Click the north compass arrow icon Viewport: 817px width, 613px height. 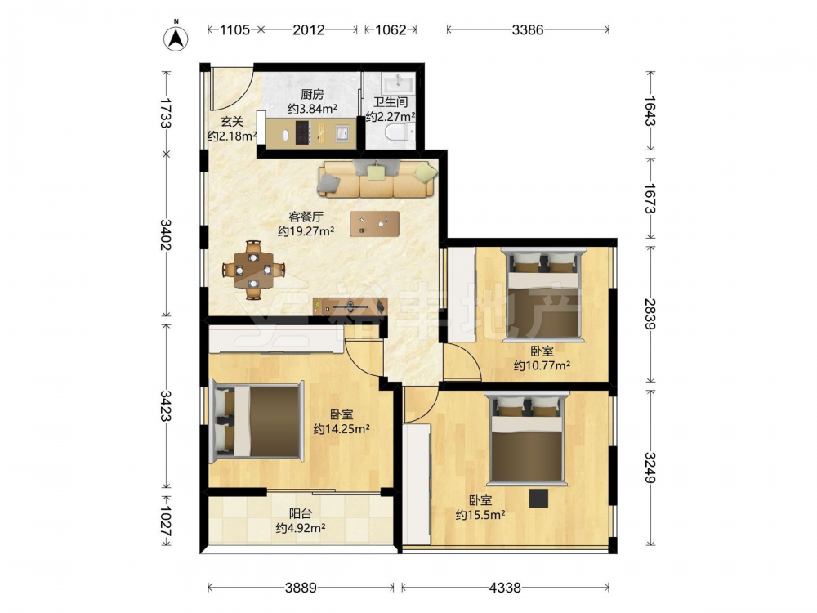pyautogui.click(x=176, y=38)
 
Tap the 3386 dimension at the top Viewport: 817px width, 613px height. pyautogui.click(x=527, y=29)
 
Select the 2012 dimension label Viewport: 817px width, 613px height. pyautogui.click(x=308, y=29)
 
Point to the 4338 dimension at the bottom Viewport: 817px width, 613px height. pyautogui.click(x=504, y=588)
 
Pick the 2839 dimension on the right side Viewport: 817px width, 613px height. pyautogui.click(x=650, y=314)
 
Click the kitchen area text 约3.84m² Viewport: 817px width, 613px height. pyautogui.click(x=312, y=109)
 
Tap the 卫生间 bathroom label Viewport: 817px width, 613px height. pyautogui.click(x=391, y=102)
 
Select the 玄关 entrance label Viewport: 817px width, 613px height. pyautogui.click(x=232, y=122)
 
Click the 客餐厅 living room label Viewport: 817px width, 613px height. pyautogui.click(x=306, y=217)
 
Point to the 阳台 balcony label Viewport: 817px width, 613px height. pyautogui.click(x=301, y=513)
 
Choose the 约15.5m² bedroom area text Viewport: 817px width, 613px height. pyautogui.click(x=480, y=515)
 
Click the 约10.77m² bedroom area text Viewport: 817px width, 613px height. pyautogui.click(x=542, y=365)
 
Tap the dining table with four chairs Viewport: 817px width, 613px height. pyautogui.click(x=254, y=270)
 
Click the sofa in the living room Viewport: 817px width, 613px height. pyautogui.click(x=377, y=179)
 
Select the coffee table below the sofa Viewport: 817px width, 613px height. pyautogui.click(x=375, y=224)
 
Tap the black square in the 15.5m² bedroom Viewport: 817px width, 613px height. pyautogui.click(x=538, y=499)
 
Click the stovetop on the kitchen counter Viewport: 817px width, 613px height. pyautogui.click(x=303, y=132)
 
